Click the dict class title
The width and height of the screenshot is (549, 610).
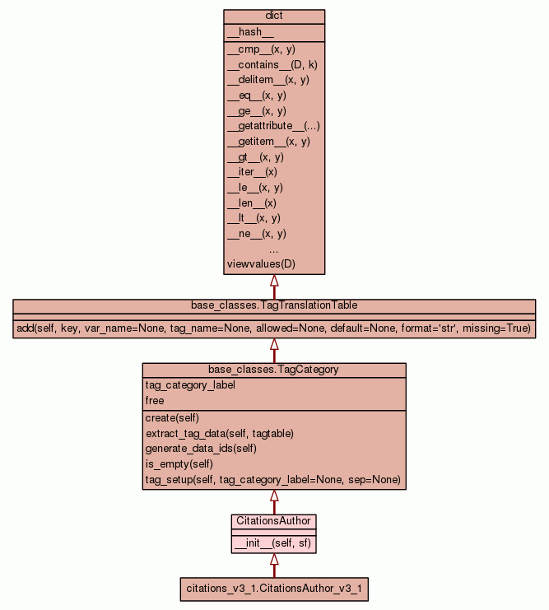(274, 16)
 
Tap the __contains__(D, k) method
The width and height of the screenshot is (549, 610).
(268, 64)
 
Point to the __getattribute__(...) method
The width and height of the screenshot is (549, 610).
(273, 126)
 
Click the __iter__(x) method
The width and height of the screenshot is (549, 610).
(252, 172)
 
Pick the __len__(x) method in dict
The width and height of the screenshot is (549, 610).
(251, 203)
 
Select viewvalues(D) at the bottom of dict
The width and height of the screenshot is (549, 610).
(260, 264)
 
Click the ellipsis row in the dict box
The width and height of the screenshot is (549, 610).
(274, 249)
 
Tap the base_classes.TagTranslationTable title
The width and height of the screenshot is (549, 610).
(274, 305)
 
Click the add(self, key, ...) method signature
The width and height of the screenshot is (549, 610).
(274, 328)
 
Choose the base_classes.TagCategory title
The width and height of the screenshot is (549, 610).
(274, 370)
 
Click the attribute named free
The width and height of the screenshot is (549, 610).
(155, 401)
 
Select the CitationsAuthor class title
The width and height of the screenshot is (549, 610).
(274, 521)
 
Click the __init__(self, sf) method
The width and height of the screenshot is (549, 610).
(274, 543)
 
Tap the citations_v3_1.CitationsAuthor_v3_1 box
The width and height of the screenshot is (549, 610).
(274, 589)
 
